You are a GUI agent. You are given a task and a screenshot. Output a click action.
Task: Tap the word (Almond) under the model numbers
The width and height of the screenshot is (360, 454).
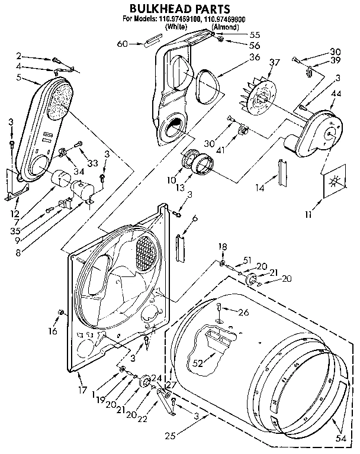227,27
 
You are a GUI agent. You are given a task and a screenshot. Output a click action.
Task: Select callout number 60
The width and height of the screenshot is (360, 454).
122,43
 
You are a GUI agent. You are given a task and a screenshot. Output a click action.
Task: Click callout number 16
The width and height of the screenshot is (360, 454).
52,331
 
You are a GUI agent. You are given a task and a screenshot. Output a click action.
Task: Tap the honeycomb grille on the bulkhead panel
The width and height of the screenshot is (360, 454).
147,247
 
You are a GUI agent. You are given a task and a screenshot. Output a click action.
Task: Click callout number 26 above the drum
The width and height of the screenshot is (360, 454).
244,312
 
